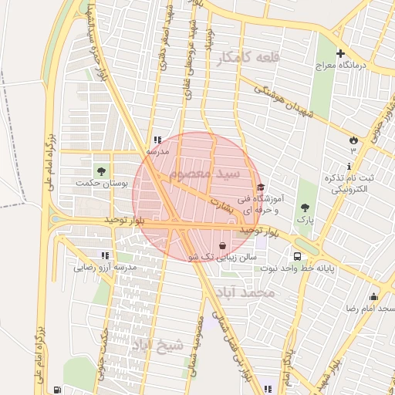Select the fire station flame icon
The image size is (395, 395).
353,140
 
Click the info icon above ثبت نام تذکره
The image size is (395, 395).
349,166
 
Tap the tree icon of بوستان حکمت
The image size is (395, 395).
101,170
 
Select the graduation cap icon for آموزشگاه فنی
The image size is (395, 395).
261,187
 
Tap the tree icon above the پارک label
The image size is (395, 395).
306,208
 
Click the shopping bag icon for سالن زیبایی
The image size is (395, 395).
223,245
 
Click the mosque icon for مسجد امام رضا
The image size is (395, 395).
374,297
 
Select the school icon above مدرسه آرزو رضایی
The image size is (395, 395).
104,255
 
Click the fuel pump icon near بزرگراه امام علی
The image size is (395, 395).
58,390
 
